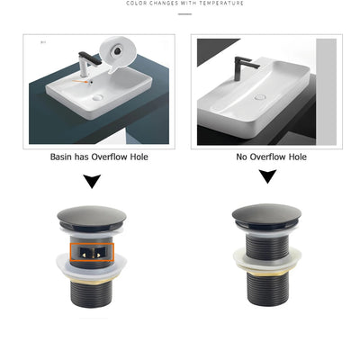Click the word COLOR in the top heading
(136, 4)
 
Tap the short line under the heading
(185, 13)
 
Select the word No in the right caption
(242, 157)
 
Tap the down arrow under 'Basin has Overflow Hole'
(91, 182)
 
